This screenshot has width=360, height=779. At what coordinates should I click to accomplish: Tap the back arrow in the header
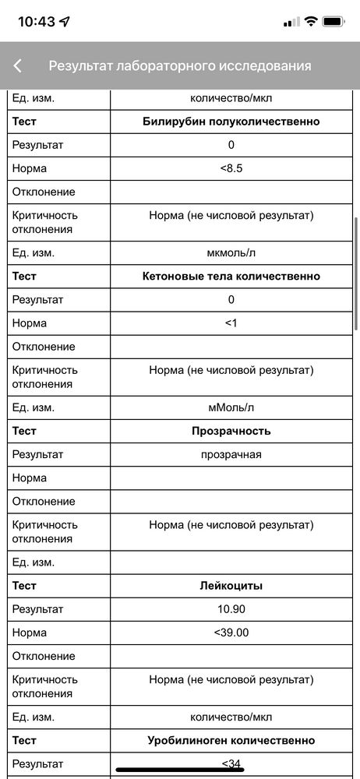coord(18,66)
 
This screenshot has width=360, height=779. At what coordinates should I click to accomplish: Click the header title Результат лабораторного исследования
coord(180,66)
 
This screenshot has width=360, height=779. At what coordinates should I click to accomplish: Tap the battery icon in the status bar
coord(334,22)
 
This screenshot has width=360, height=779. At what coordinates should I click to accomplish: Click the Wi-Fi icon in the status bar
coord(311,22)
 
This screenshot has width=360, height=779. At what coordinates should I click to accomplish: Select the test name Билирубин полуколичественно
coord(231,122)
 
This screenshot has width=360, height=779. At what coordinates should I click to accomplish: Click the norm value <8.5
coord(231,168)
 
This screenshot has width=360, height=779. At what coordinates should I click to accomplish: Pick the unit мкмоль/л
coord(231,252)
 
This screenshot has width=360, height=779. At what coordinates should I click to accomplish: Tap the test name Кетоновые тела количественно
coord(231,276)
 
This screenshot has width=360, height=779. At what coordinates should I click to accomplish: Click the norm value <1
coord(231,323)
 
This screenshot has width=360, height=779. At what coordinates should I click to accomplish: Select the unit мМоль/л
coord(231,407)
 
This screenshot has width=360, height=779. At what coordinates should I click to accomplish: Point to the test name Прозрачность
coord(231,430)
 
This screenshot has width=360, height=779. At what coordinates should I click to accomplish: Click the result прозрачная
coord(231,454)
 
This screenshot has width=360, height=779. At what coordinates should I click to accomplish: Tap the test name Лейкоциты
coord(231,585)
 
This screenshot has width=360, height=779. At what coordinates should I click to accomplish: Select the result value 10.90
coord(231,608)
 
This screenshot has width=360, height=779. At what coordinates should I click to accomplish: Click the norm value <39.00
coord(231,632)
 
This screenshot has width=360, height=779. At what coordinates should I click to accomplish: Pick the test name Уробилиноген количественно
coord(231,740)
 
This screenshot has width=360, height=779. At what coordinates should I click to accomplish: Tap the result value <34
coord(231,763)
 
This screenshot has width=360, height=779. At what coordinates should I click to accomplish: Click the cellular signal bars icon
coord(291,22)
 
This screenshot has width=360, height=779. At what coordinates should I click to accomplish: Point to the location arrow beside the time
coord(65,22)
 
